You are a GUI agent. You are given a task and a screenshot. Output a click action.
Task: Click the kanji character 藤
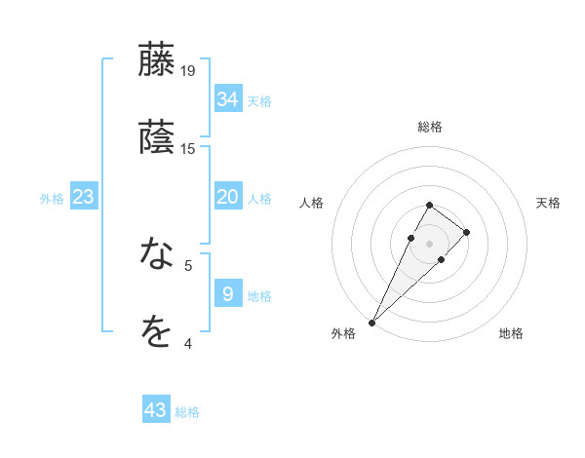(157, 60)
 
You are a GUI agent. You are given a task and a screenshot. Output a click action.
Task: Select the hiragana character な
(157, 255)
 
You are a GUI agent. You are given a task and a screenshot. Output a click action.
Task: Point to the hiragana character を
(157, 332)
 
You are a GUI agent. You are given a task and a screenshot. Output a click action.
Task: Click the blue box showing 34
(228, 98)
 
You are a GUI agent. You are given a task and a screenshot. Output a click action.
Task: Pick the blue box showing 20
(228, 197)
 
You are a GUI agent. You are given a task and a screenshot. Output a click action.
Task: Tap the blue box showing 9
(228, 293)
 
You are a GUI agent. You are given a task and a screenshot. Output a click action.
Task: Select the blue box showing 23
(83, 197)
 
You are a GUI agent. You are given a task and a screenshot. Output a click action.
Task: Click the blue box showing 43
(156, 410)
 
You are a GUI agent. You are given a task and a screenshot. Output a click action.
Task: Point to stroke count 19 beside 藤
(188, 71)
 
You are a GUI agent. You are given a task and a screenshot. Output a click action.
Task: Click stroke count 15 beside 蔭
(188, 149)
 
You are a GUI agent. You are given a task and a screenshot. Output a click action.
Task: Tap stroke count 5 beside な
(188, 265)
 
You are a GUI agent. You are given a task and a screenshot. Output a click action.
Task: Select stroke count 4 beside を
(188, 343)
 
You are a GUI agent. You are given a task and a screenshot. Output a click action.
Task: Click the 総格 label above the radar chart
(430, 127)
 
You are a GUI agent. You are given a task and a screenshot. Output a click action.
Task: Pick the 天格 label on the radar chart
(548, 203)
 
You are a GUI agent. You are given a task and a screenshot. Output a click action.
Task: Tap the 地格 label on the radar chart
(511, 333)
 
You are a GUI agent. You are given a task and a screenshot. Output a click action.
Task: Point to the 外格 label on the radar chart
(343, 333)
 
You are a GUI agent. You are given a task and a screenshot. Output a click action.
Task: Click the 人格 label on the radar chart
(312, 203)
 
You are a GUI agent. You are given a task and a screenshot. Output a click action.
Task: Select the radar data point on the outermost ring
(372, 322)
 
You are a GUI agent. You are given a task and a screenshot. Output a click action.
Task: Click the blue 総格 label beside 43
(187, 412)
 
